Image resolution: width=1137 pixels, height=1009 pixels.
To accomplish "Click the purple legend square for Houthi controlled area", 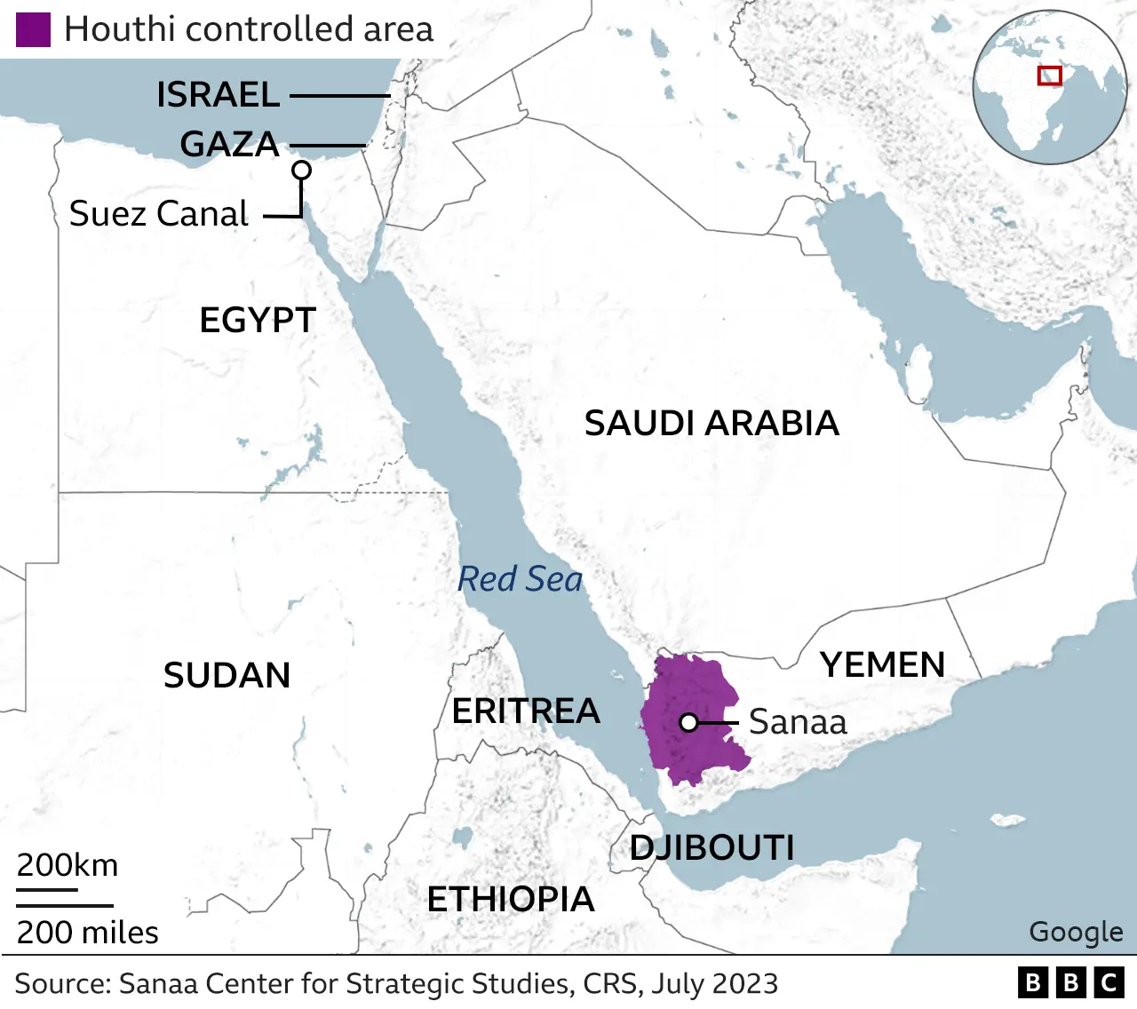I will tap(33, 29).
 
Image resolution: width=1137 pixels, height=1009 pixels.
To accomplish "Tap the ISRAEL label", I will tap(219, 95).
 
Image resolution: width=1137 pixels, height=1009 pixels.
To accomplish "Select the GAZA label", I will tap(229, 144).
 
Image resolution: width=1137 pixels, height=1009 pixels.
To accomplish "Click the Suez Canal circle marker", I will tap(302, 170).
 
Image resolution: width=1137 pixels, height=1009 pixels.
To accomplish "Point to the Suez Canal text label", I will tap(159, 214).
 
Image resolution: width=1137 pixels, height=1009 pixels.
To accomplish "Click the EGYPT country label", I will tap(258, 320).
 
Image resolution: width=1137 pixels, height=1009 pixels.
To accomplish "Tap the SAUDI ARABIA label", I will tap(712, 424).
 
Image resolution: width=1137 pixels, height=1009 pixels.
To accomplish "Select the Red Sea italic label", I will tap(520, 579).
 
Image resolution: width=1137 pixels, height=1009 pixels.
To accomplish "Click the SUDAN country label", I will tap(227, 676).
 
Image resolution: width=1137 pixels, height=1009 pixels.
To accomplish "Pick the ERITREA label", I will tap(526, 711).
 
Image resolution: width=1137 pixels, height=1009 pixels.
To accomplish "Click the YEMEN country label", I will tap(882, 665).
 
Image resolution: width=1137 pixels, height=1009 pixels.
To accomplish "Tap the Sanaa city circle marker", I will tap(688, 723).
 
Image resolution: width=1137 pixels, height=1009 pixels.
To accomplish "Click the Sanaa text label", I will tap(798, 722).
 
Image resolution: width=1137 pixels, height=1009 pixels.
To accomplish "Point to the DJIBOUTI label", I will tap(712, 848).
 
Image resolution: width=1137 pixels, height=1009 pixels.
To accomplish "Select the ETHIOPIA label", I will tap(511, 900).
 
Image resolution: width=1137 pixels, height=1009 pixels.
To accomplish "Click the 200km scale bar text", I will tap(68, 865).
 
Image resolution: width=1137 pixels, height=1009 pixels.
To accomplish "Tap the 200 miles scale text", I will tap(87, 933).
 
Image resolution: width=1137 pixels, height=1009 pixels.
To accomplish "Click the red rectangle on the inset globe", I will tap(1050, 75).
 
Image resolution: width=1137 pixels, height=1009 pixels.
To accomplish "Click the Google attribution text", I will tap(1076, 932).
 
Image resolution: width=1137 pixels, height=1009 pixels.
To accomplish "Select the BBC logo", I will tap(1070, 982).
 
